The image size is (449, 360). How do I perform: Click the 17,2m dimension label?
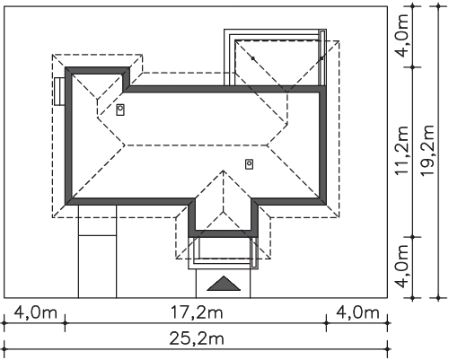[197, 313]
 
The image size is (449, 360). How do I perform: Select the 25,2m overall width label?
[197, 339]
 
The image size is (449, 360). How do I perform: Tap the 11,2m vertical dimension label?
[402, 150]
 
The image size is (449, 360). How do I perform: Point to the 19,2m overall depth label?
[427, 150]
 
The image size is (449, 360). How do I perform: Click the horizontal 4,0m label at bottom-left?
[35, 313]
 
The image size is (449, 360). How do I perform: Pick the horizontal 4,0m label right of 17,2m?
[357, 313]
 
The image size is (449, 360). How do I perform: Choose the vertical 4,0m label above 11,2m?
[402, 35]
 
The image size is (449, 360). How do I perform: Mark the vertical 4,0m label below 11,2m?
[402, 266]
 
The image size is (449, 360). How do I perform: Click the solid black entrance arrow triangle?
[224, 285]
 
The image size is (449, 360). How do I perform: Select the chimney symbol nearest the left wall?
[120, 110]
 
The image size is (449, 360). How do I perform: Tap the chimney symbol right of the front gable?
[249, 164]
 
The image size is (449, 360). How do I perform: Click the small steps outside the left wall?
[59, 92]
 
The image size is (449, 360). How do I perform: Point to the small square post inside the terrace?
[253, 58]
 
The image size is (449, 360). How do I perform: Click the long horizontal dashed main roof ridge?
[197, 145]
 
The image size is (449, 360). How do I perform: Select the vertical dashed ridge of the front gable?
[224, 191]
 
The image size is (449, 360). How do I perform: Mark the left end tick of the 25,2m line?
[4, 349]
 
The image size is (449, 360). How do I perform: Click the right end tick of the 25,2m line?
[388, 349]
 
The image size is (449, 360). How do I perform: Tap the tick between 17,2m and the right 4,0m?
[326, 323]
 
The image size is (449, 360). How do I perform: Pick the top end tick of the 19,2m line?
[438, 6]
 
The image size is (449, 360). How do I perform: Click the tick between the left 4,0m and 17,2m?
[66, 323]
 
